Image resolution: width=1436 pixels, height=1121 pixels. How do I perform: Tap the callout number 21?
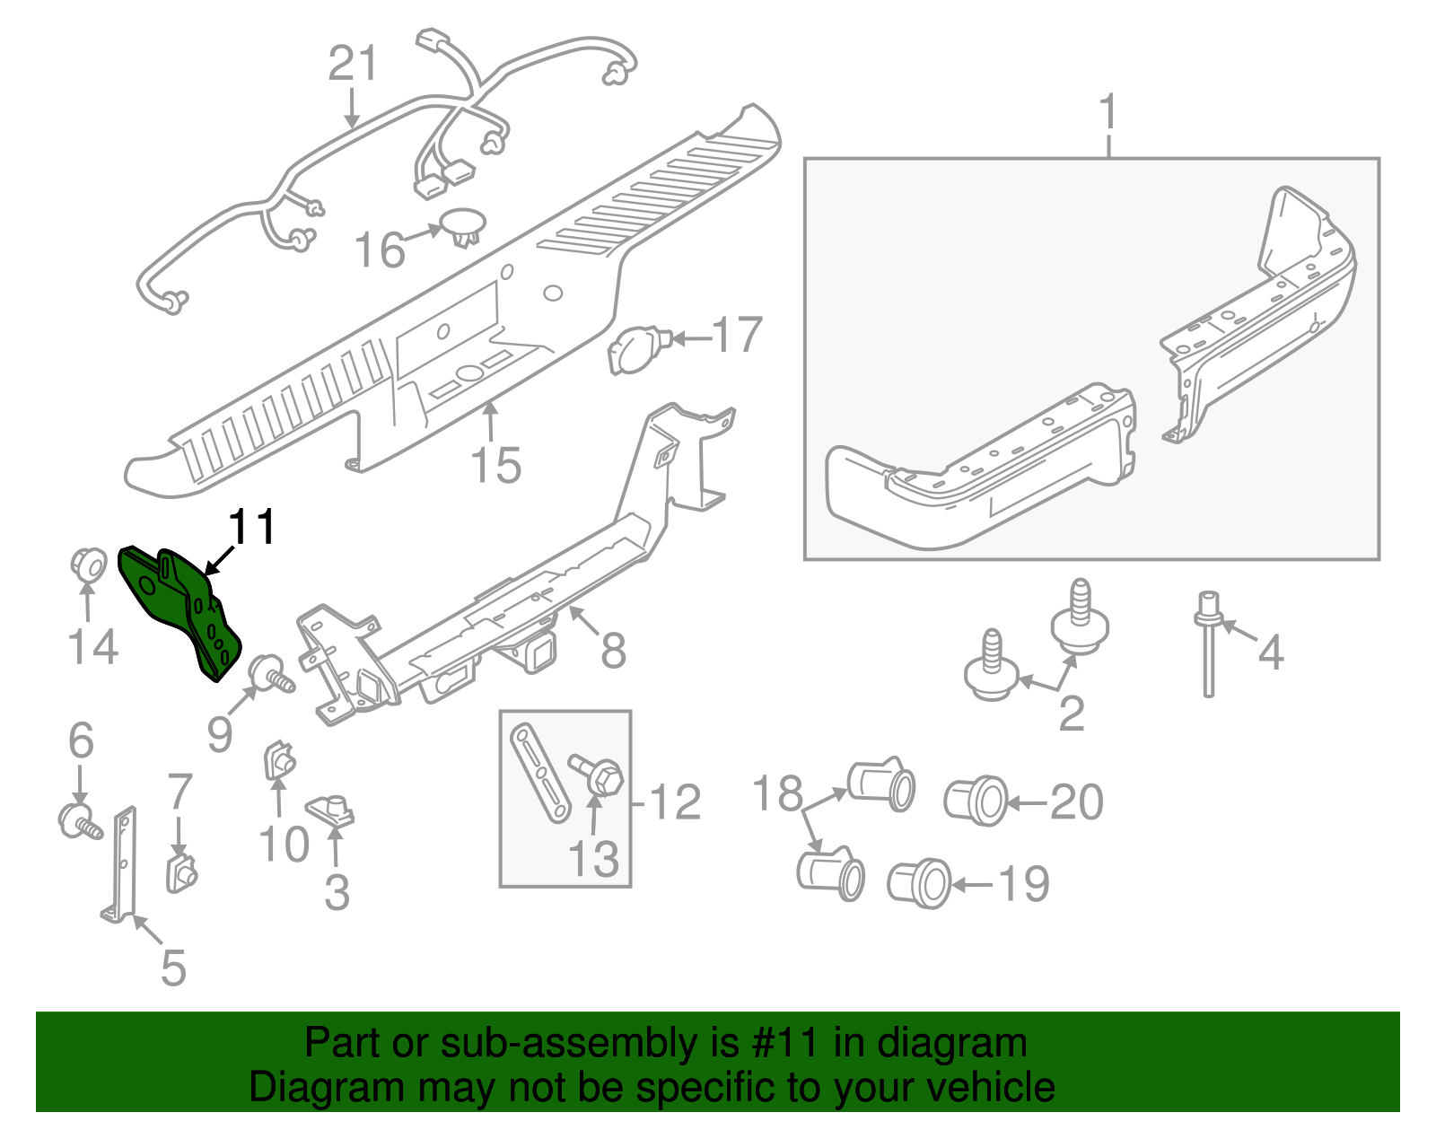click(353, 65)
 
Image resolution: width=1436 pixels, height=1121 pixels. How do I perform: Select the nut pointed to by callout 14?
click(86, 565)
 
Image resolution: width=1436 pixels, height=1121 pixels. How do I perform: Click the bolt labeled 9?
click(270, 675)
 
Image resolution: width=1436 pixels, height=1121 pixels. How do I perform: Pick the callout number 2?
click(1072, 714)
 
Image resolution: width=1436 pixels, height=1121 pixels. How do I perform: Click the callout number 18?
click(777, 793)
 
